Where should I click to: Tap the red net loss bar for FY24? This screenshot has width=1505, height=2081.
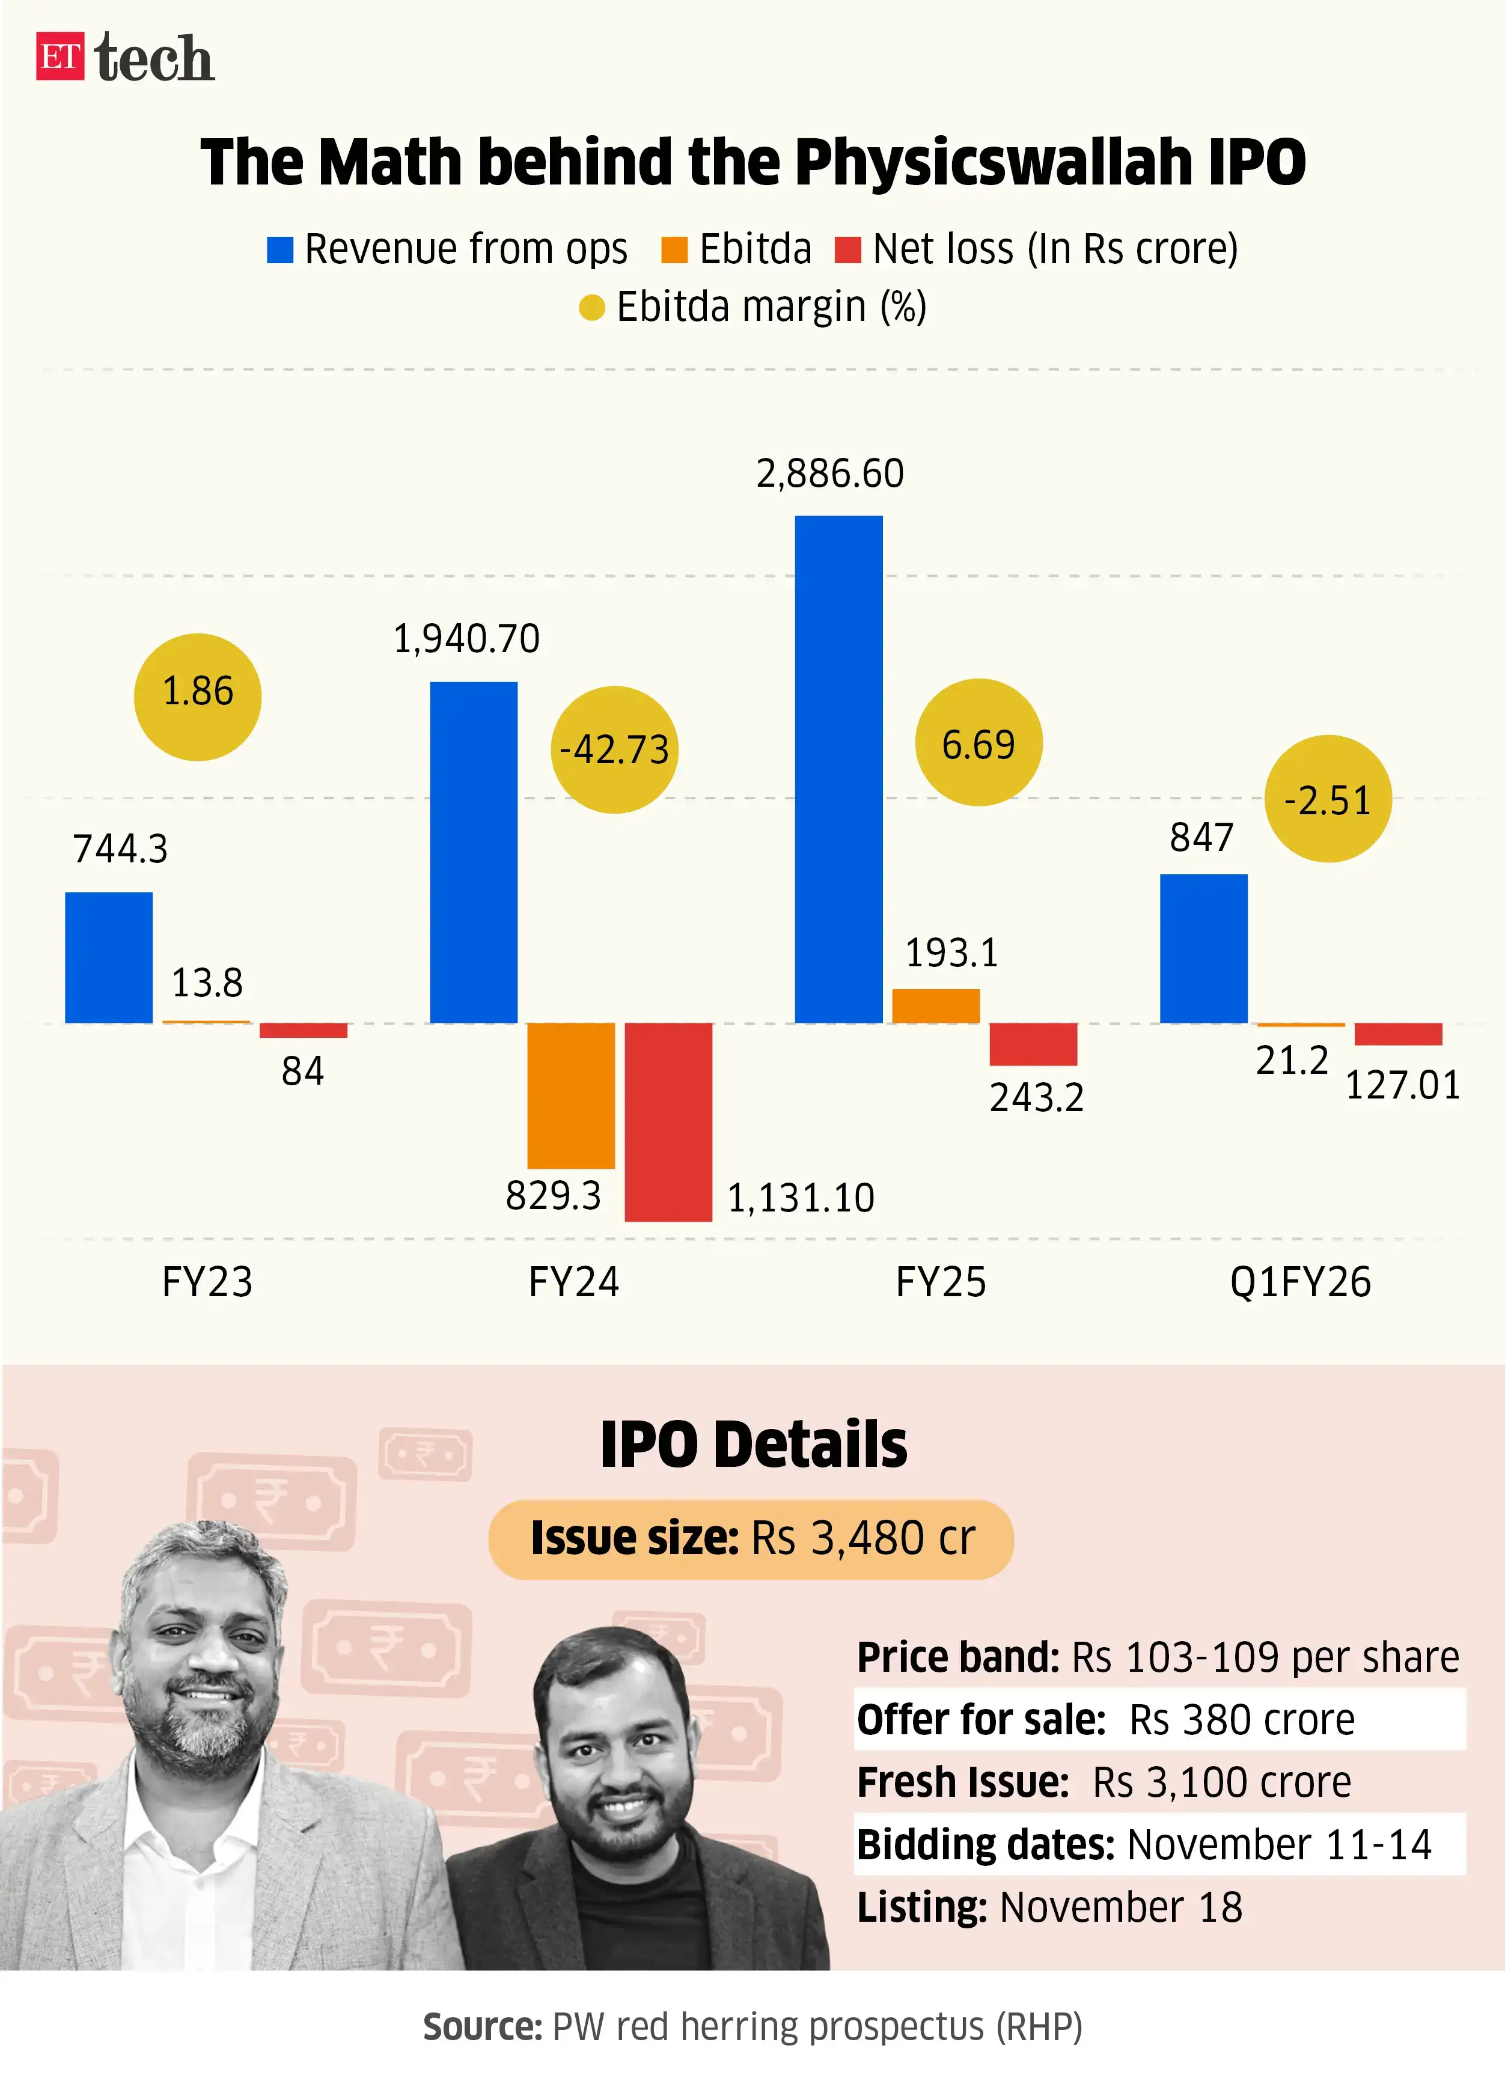tap(668, 1121)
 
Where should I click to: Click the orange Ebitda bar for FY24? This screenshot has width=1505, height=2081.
tap(571, 1095)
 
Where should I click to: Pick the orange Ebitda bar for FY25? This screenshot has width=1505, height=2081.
tap(935, 1005)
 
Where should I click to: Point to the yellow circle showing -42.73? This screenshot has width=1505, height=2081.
tap(614, 749)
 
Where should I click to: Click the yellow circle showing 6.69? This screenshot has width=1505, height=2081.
tap(978, 743)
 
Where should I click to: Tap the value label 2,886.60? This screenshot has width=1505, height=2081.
tap(829, 474)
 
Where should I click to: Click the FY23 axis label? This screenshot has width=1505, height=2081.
tap(207, 1282)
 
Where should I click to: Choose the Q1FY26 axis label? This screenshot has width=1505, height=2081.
tap(1299, 1282)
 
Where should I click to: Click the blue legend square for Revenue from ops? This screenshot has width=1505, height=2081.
tap(280, 249)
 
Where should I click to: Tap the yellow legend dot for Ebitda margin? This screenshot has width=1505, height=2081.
tap(592, 308)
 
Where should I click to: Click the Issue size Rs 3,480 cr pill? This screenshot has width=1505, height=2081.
tap(751, 1539)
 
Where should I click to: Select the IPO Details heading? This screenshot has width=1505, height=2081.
tap(752, 1445)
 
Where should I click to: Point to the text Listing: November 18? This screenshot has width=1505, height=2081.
tap(1049, 1907)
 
